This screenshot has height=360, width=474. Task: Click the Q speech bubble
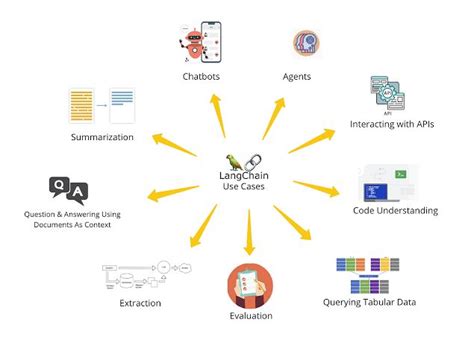tap(59, 185)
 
